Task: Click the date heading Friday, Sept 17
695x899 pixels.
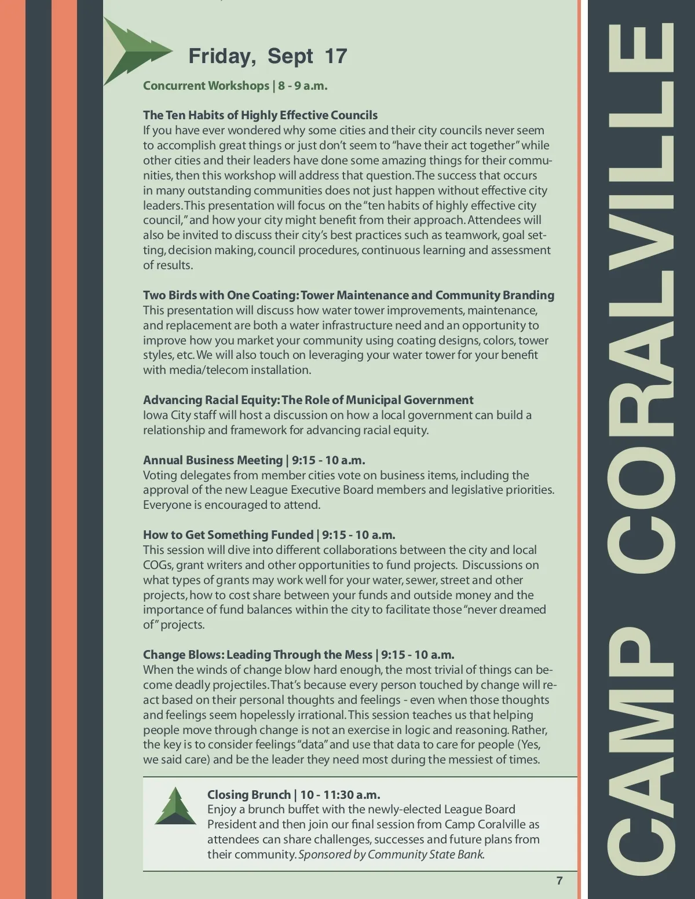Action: click(x=268, y=56)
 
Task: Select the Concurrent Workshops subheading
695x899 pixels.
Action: click(x=235, y=86)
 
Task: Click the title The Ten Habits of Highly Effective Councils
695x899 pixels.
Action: click(x=260, y=115)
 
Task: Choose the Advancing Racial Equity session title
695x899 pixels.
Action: click(x=308, y=400)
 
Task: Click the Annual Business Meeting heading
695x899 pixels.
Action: click(x=254, y=460)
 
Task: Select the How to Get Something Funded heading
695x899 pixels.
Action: click(x=269, y=535)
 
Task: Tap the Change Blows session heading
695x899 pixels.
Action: click(x=298, y=655)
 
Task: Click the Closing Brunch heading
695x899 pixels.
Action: click(x=294, y=795)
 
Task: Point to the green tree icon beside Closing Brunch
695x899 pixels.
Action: click(x=175, y=806)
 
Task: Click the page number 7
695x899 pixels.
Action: click(x=559, y=880)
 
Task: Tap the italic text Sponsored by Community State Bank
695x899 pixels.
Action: click(x=391, y=854)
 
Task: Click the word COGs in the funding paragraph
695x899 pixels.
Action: click(x=156, y=565)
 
